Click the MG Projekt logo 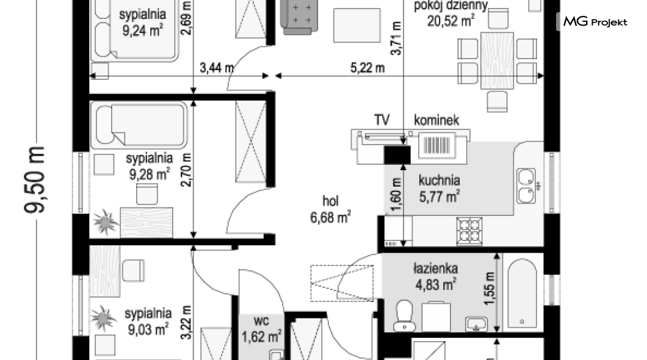point(595,21)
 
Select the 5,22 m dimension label point(367,68)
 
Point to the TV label point(381,120)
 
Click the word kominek point(436,120)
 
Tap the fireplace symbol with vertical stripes point(437,145)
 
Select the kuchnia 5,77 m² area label point(439,189)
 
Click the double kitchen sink point(527,186)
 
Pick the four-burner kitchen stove point(469,231)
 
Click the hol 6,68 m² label point(330,209)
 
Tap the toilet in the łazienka point(404,315)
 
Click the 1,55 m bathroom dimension point(490,289)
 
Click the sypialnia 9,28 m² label point(150,166)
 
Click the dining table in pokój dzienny point(497,60)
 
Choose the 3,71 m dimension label point(396,38)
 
